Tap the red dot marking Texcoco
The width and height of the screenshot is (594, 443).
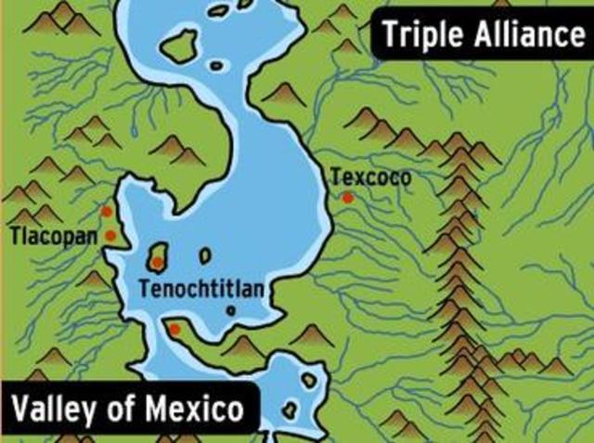[x=347, y=197]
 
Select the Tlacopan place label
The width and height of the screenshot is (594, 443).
[x=53, y=236]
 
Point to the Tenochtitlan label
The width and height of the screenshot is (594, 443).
[x=201, y=289]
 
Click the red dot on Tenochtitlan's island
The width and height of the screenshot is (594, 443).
[x=158, y=262]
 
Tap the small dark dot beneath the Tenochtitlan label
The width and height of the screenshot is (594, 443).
[x=231, y=310]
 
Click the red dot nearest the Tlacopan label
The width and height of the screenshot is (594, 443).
[x=110, y=235]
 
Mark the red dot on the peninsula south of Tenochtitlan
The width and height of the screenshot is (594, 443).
[x=174, y=328]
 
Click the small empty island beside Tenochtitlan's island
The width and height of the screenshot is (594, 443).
[x=205, y=255]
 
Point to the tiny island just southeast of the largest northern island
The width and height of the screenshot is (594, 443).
[x=218, y=65]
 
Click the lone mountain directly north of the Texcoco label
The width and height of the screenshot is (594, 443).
[x=363, y=120]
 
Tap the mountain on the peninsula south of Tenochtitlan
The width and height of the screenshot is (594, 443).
[x=244, y=346]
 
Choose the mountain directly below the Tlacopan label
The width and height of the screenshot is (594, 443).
[x=93, y=278]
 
